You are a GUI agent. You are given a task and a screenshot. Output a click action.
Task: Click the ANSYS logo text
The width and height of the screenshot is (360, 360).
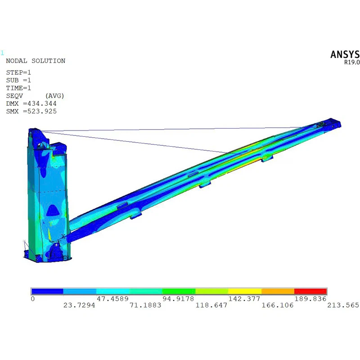point(345,54)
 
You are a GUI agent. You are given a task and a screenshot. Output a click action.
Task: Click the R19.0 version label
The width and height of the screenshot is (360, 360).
point(352,62)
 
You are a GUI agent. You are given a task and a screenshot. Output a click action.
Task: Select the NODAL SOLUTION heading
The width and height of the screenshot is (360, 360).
point(36,61)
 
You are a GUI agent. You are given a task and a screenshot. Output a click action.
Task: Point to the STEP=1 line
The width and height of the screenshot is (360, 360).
point(18,72)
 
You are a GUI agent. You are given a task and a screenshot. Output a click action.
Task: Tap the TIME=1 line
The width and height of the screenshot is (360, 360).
point(18,88)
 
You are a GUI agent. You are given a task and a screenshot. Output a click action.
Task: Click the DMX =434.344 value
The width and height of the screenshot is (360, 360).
point(31,103)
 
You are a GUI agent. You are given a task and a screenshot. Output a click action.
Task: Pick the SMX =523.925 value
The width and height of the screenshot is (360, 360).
point(31,111)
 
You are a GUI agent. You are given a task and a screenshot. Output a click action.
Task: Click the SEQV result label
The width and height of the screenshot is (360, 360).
point(14,96)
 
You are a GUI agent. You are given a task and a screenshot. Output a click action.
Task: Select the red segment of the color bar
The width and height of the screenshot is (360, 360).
point(310,291)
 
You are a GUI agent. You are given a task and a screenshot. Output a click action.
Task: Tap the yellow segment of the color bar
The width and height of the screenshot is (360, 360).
point(245,291)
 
